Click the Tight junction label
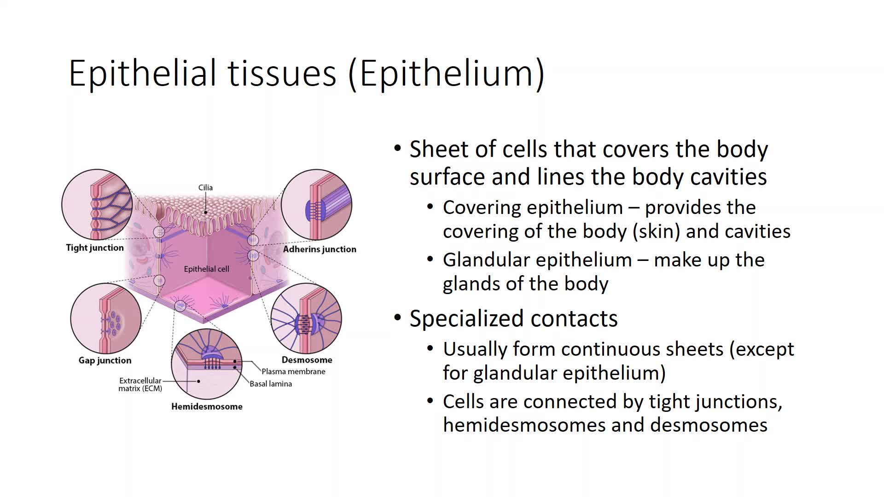(95, 248)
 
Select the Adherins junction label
(320, 249)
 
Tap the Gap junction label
(105, 360)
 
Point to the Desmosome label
(307, 360)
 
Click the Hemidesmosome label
(207, 406)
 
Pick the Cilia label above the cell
(205, 187)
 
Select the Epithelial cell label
(206, 269)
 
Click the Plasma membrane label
(293, 371)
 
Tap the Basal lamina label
(271, 384)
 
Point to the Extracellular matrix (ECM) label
(140, 384)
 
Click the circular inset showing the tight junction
(97, 205)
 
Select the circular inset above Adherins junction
(316, 205)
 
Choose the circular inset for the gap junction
(106, 318)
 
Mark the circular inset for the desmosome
(306, 318)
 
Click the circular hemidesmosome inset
(207, 364)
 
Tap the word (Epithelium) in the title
(447, 74)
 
